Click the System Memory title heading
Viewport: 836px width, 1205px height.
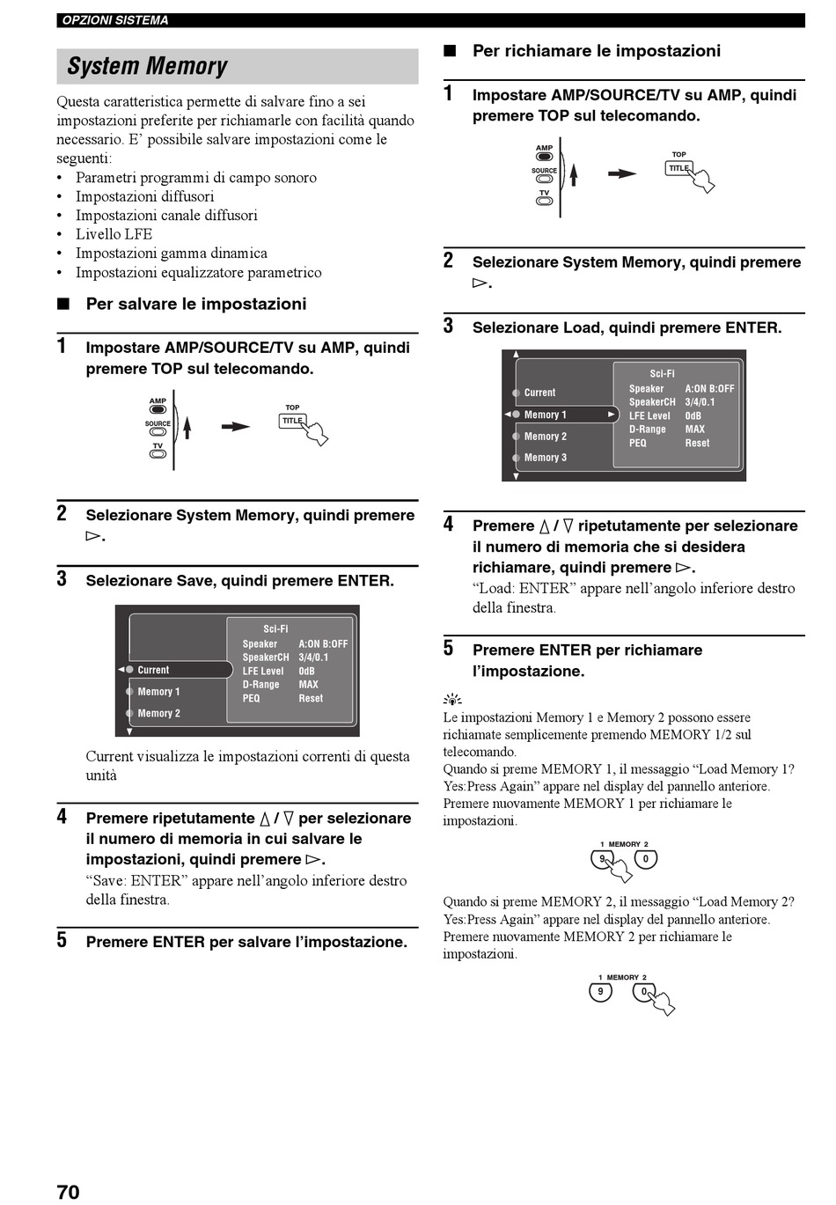pos(147,66)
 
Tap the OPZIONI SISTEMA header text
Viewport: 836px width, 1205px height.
pos(115,20)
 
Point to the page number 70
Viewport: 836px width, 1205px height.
pos(68,1192)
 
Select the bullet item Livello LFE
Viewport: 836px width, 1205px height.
pos(114,234)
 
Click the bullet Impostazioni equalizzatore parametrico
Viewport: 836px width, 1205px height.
pos(199,272)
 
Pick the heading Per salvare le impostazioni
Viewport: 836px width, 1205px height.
pos(196,304)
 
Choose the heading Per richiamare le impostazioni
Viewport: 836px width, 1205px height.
pos(596,51)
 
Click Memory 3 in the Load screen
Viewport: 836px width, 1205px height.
pos(545,457)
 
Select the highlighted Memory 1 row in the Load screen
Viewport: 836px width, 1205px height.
pos(561,415)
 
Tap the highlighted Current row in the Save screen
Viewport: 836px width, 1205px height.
pos(175,670)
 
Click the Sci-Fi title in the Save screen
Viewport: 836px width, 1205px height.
pos(275,628)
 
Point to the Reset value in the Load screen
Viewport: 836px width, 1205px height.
pos(697,444)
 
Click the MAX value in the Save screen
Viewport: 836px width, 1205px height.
pos(308,684)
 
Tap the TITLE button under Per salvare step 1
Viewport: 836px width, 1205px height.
pos(291,421)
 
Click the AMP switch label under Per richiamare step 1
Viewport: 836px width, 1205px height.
pos(544,148)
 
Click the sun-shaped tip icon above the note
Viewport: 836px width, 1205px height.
pos(452,700)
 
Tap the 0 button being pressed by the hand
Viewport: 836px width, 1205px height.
pos(644,992)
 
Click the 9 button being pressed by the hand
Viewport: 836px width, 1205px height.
pos(601,858)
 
